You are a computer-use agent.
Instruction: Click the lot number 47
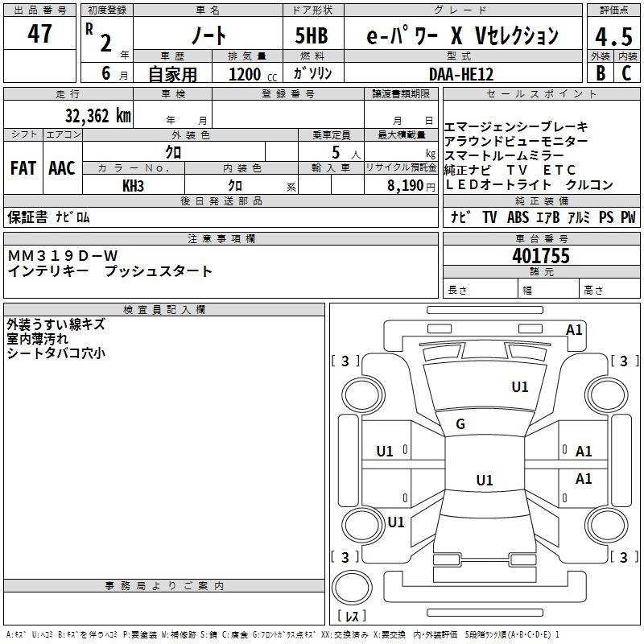(x=39, y=33)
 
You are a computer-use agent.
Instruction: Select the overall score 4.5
(x=613, y=37)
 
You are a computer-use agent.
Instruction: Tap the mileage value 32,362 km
(x=97, y=115)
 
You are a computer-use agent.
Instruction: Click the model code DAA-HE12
(x=460, y=74)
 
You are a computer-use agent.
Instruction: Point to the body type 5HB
(x=312, y=35)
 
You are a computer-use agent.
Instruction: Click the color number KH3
(x=133, y=186)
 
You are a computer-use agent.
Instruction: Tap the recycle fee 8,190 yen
(x=411, y=186)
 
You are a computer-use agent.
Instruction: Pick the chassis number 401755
(x=541, y=255)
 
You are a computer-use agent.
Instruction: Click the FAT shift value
(x=23, y=168)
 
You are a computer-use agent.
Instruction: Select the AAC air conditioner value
(x=62, y=168)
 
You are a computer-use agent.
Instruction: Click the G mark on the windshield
(x=460, y=424)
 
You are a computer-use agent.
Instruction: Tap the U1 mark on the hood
(x=519, y=386)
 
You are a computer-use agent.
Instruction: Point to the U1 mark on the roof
(x=485, y=480)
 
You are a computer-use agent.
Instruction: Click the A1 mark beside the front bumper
(x=574, y=329)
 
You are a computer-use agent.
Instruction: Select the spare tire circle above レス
(x=352, y=587)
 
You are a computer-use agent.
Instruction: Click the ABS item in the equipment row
(x=518, y=217)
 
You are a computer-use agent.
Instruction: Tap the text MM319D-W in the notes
(x=63, y=256)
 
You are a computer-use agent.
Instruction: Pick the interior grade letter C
(x=626, y=73)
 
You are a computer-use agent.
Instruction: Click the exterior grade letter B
(x=601, y=73)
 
